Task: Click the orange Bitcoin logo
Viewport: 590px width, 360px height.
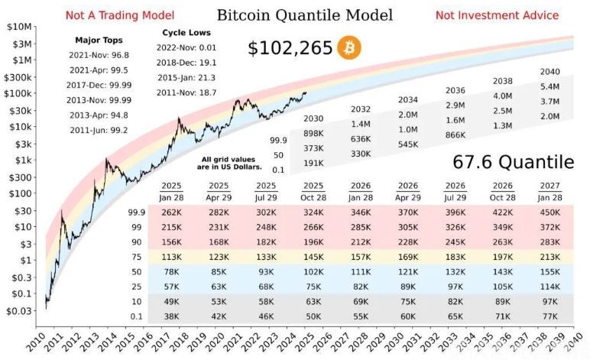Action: pos(349,48)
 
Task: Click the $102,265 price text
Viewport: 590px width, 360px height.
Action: pos(290,48)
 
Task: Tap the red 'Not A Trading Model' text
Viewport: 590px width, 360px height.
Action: pos(120,15)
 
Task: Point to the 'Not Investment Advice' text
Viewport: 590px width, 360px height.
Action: pos(497,15)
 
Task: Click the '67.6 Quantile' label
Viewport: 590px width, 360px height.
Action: pos(513,162)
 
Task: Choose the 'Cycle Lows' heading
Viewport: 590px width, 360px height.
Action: pos(186,33)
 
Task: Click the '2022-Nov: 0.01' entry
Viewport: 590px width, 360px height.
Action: pos(186,47)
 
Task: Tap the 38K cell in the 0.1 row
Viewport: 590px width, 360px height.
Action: pos(172,315)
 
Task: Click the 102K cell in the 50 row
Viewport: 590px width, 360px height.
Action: pos(313,271)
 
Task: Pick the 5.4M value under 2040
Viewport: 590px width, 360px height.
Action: pos(550,86)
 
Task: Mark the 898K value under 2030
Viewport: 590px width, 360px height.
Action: pos(313,133)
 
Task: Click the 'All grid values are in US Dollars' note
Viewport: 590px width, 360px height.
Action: pos(227,162)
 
